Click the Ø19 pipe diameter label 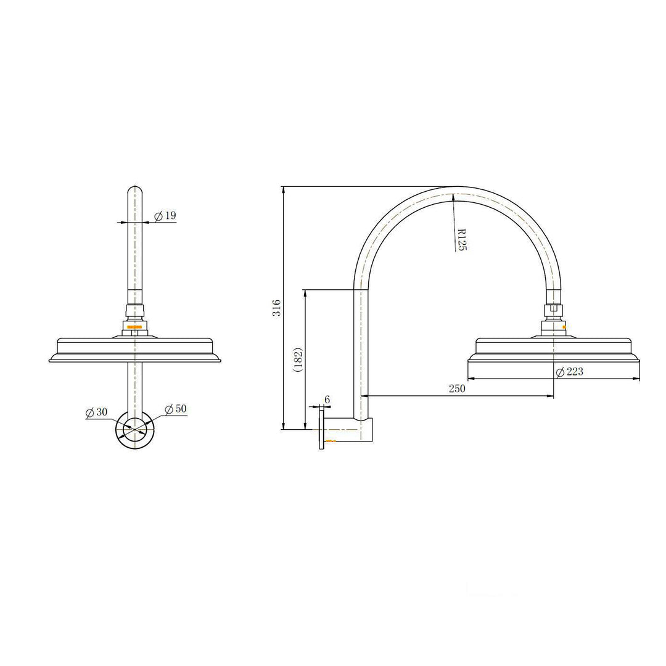(x=165, y=216)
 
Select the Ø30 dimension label (x=97, y=413)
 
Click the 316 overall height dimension (x=277, y=308)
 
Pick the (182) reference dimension (x=298, y=359)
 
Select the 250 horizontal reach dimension (x=457, y=388)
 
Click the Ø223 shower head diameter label (x=569, y=371)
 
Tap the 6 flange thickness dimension (x=327, y=400)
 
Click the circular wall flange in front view (x=134, y=429)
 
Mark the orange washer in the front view (x=134, y=326)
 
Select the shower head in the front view (x=134, y=350)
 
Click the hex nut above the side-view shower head (x=553, y=310)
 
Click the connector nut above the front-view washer (x=134, y=311)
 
